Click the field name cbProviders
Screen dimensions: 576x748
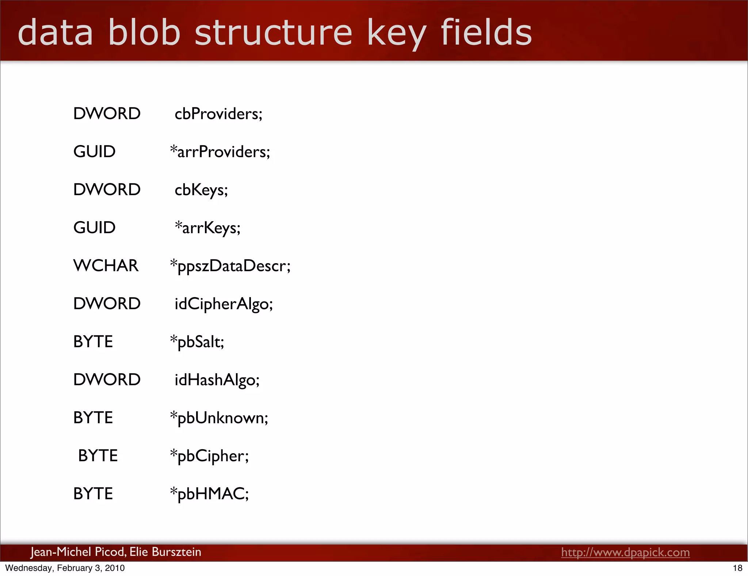tap(218, 114)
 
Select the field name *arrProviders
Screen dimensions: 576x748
tap(220, 152)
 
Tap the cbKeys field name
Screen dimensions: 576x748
tap(201, 190)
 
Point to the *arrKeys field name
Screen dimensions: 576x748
tap(207, 228)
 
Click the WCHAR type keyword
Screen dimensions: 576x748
tap(106, 266)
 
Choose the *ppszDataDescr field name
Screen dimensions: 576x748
tap(230, 266)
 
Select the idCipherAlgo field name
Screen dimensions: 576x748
tap(224, 304)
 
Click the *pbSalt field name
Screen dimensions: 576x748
tap(197, 342)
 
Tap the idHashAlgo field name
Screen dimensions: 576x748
tap(217, 380)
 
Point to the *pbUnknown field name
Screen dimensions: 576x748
tap(219, 418)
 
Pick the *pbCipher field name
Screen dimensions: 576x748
tap(209, 456)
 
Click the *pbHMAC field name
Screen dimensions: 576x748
tap(209, 494)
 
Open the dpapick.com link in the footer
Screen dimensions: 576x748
tap(625, 552)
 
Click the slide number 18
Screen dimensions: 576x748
tap(737, 568)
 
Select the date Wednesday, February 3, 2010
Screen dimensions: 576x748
tap(65, 568)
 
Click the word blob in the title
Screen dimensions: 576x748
tap(144, 33)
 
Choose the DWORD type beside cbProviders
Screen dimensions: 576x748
tap(107, 114)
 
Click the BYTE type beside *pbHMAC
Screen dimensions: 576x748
tap(93, 494)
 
